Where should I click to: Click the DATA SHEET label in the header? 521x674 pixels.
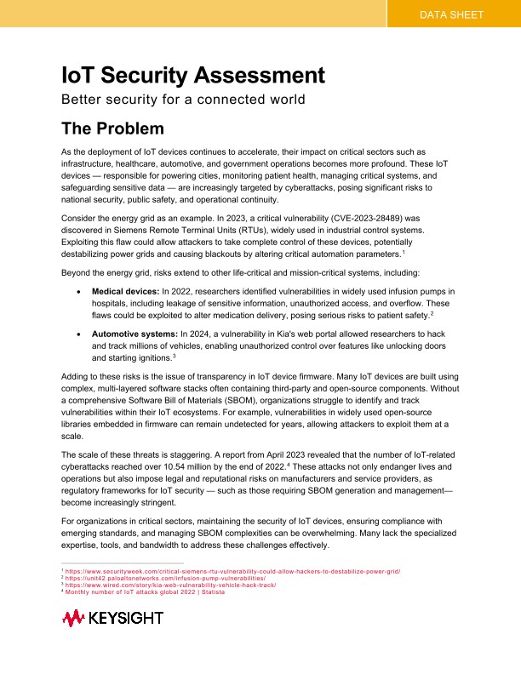453,14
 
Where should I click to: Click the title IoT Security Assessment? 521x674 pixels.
193,74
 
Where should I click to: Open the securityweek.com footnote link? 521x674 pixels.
233,571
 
